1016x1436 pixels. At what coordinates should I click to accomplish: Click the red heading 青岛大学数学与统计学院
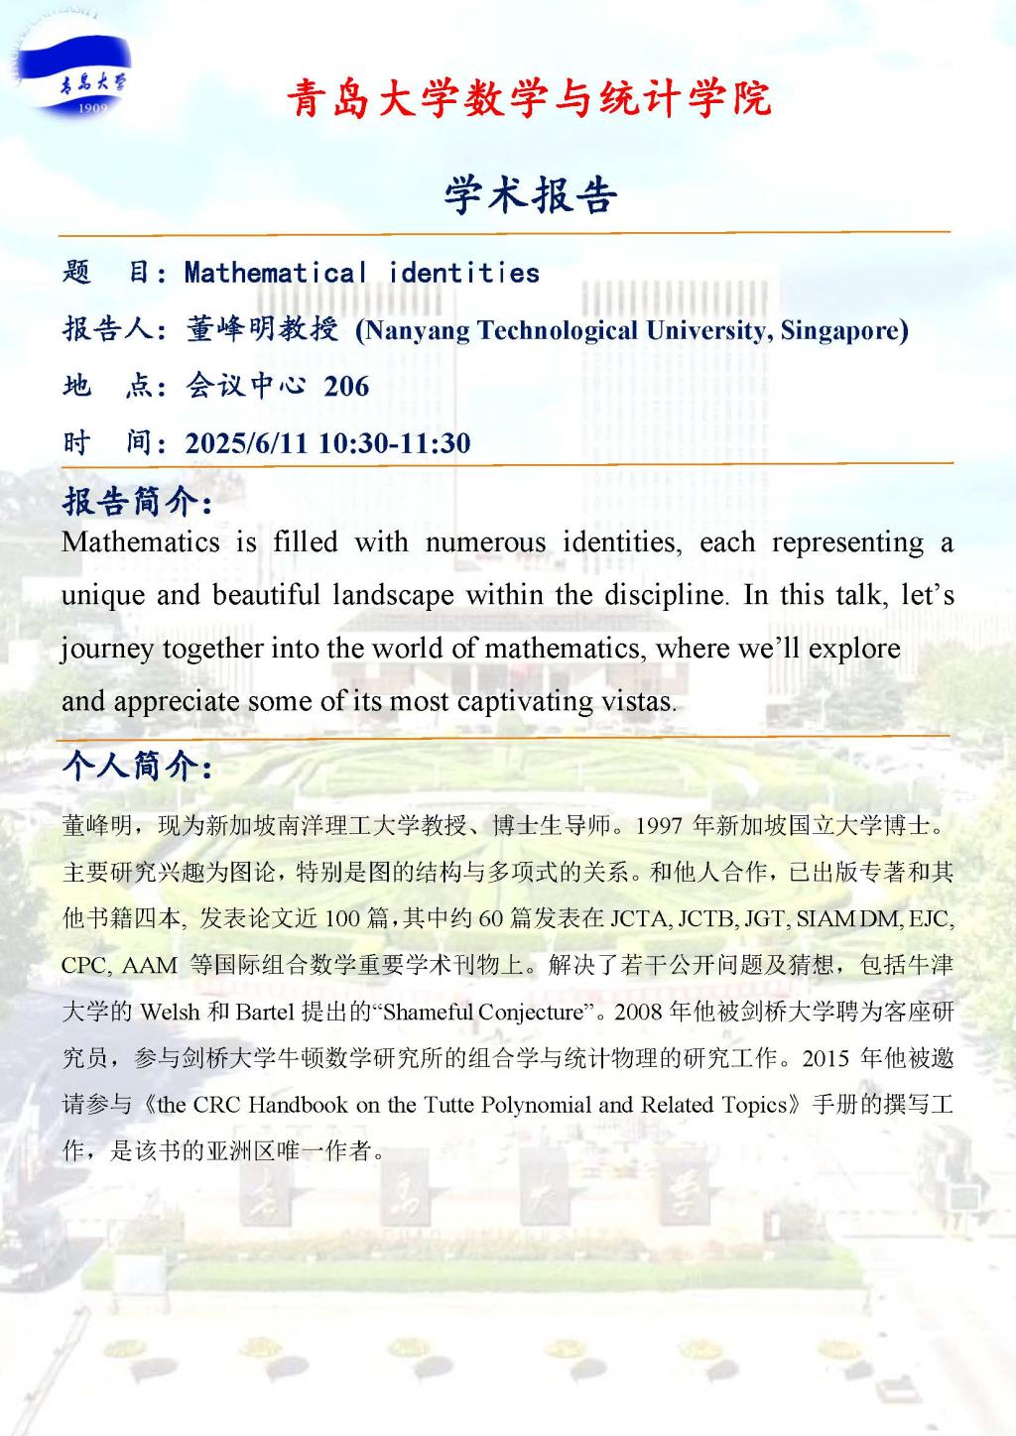529,99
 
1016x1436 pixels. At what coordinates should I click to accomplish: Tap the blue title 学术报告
531,194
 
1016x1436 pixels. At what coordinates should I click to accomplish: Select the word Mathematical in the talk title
276,273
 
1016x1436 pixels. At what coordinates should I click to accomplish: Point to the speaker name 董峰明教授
262,329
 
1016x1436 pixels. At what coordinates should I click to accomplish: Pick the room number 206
346,386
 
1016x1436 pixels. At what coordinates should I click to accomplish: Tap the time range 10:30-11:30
394,442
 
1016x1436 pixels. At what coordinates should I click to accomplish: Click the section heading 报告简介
136,502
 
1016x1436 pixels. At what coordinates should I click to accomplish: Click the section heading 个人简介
136,766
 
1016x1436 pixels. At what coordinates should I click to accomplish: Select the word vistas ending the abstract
638,701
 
